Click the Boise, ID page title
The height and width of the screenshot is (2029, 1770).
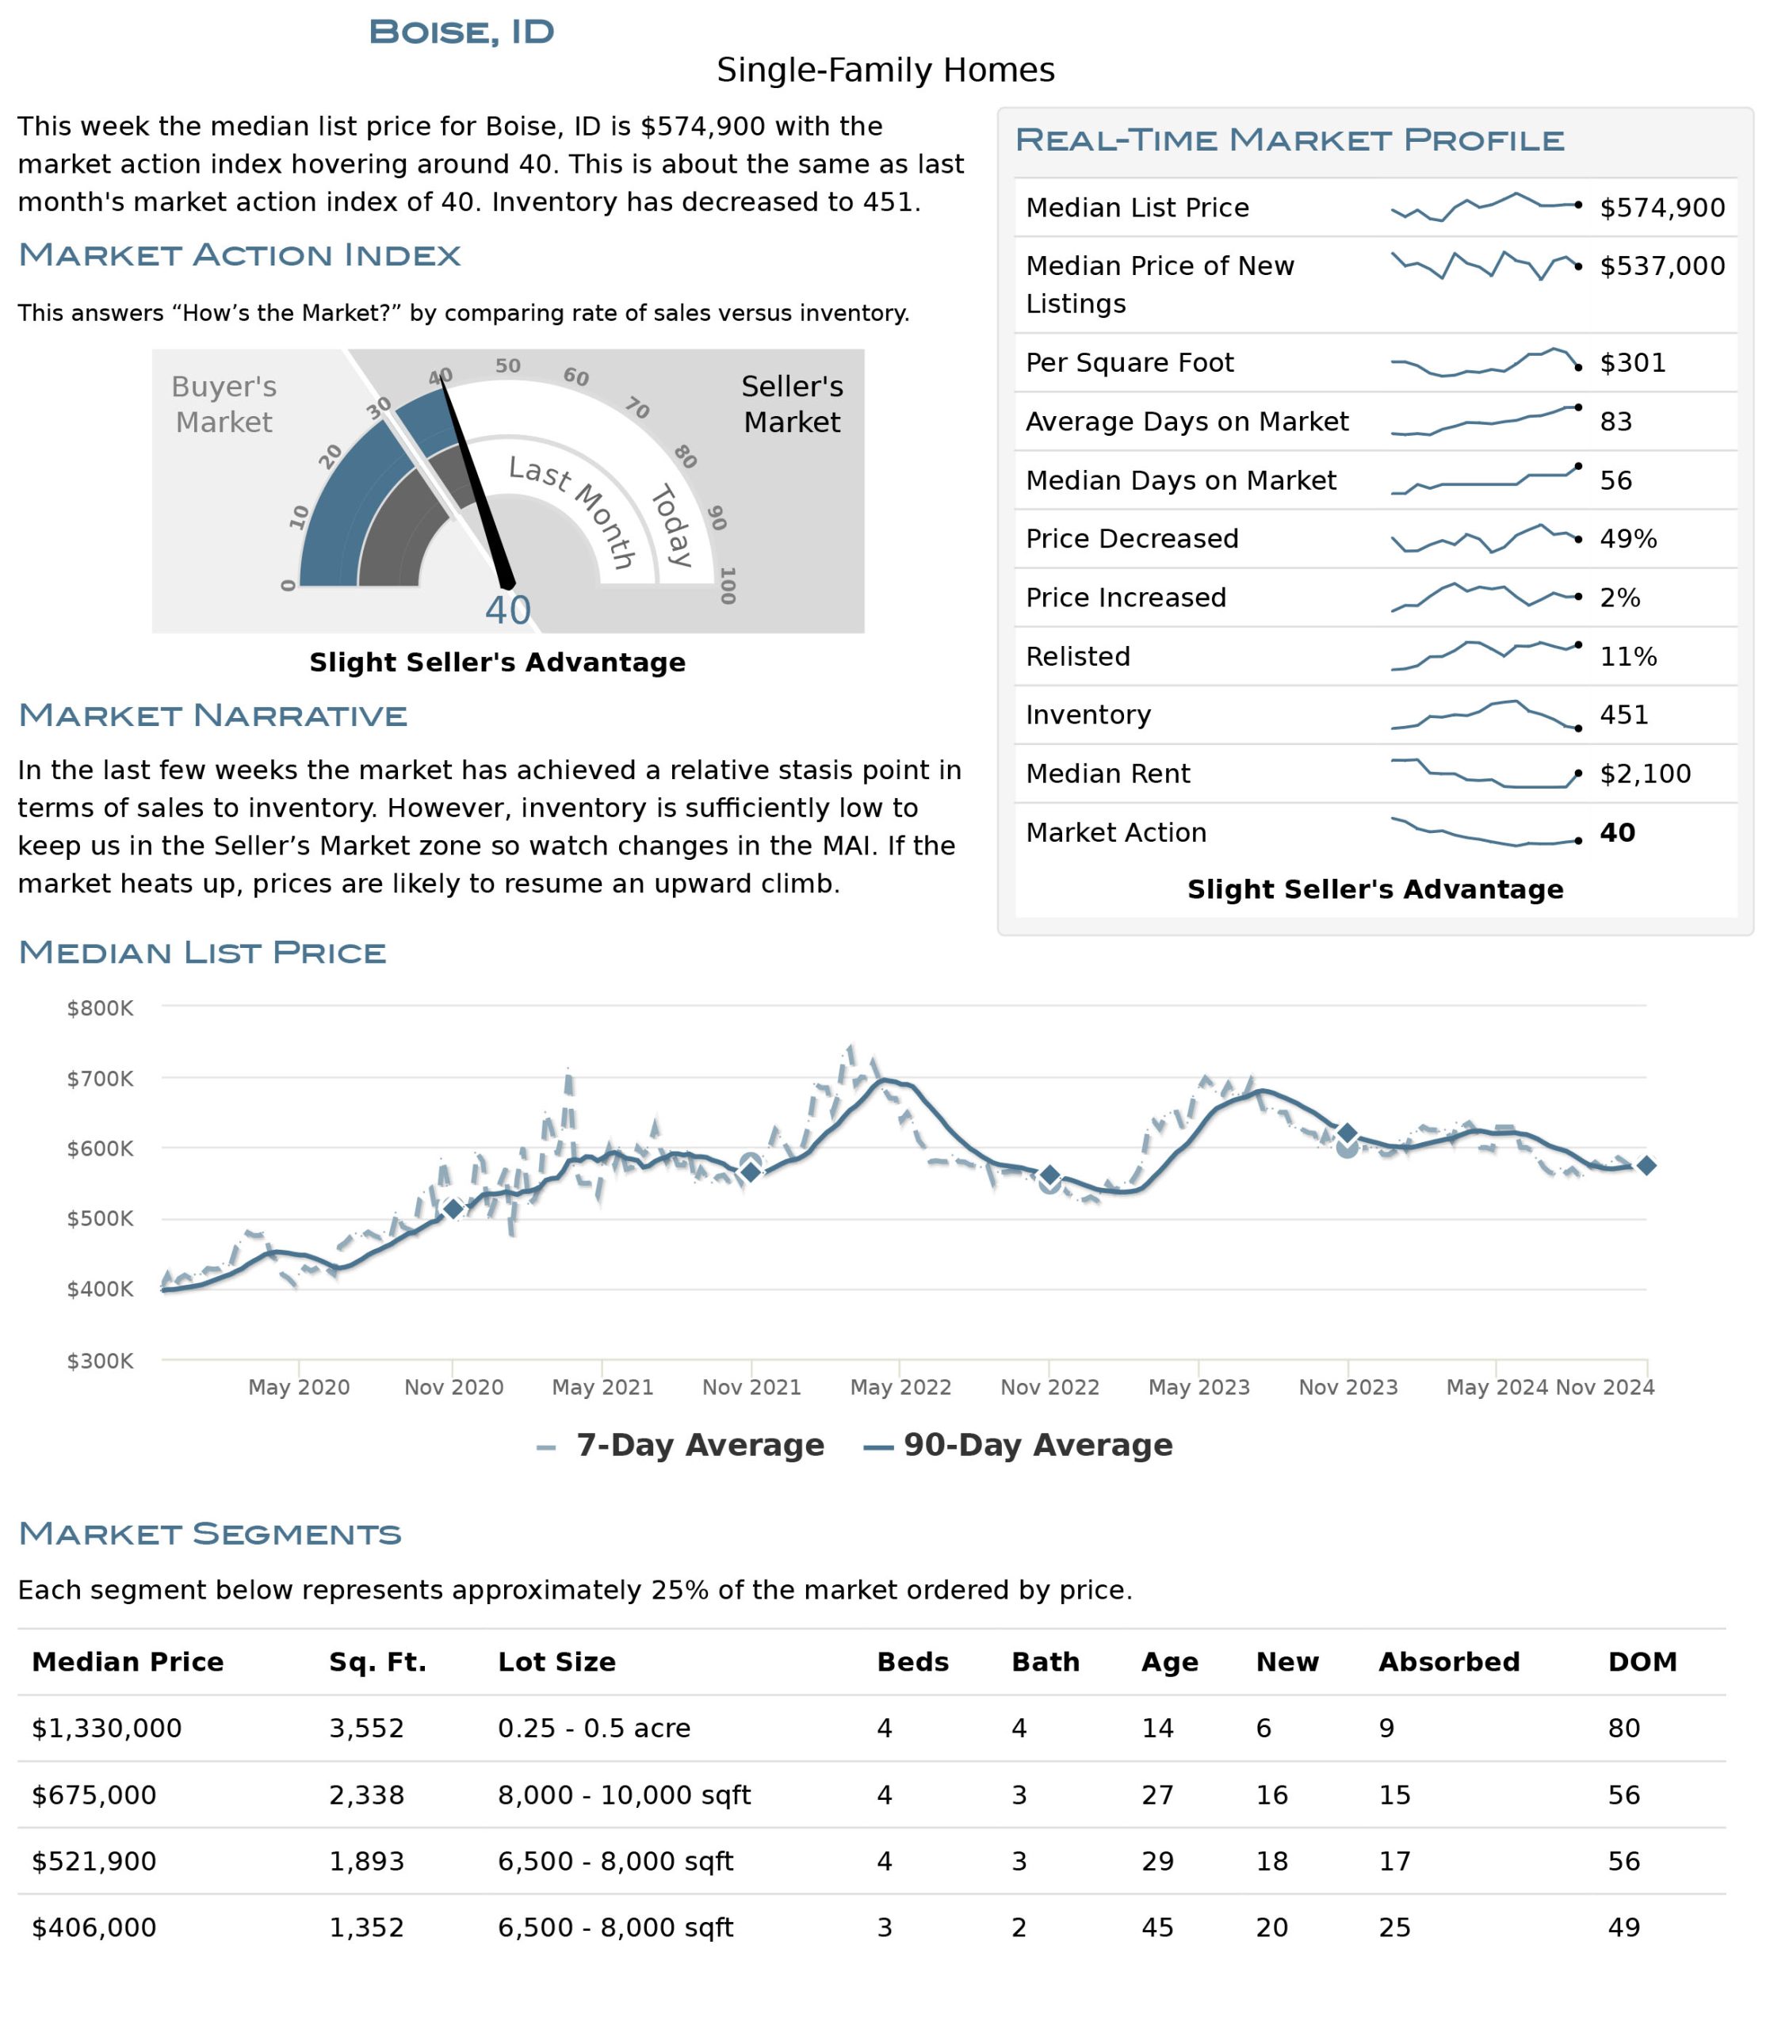pos(461,32)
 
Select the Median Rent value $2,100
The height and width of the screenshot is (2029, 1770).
pos(1645,774)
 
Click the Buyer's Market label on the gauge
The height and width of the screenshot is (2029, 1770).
pos(224,404)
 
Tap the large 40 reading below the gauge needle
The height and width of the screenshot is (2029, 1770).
pos(507,610)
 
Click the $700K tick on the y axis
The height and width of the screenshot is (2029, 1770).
pos(100,1078)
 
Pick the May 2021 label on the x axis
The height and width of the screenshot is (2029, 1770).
pos(602,1387)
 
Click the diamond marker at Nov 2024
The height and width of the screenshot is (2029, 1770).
pos(1646,1166)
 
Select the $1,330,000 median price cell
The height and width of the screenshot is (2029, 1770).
pos(107,1728)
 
